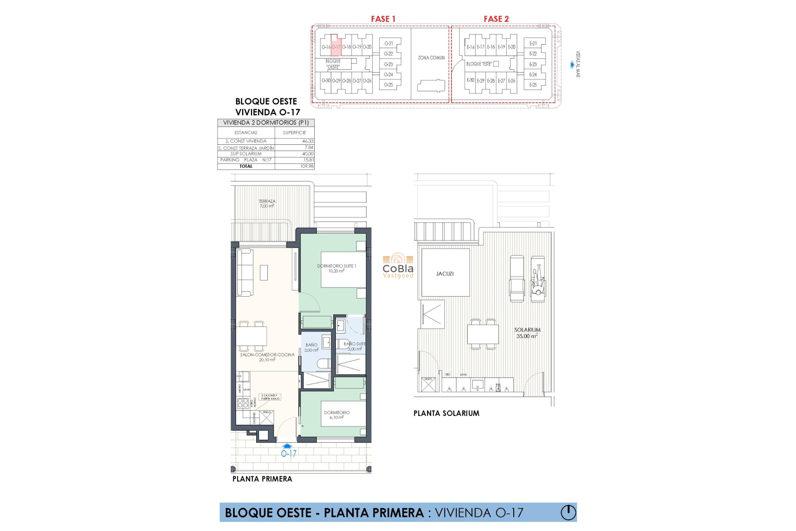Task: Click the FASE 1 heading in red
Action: [x=383, y=19]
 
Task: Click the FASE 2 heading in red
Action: [x=496, y=19]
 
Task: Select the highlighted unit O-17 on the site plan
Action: [x=336, y=47]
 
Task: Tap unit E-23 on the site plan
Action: [x=533, y=64]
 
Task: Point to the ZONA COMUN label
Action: [x=431, y=58]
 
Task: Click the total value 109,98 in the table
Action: [x=307, y=166]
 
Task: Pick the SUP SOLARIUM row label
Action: [x=246, y=154]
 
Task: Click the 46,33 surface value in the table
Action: [x=308, y=141]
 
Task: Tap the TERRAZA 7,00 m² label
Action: [x=267, y=204]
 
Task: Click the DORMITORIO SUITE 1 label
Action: [x=337, y=268]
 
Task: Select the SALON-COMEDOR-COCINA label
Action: [x=267, y=357]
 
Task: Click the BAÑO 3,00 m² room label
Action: [x=311, y=347]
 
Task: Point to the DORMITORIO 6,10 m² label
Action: [x=337, y=415]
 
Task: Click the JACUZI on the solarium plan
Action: [x=445, y=274]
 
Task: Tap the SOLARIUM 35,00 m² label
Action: [x=527, y=333]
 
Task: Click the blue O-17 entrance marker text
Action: [x=289, y=453]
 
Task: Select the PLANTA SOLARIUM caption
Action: [x=446, y=413]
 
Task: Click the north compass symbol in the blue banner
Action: [x=568, y=512]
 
